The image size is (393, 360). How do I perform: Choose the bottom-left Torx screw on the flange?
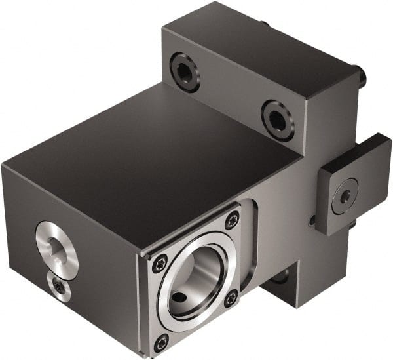161,340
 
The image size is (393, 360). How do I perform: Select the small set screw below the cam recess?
59,287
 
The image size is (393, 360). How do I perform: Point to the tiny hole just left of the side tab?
312,220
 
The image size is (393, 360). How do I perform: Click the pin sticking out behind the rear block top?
264,24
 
